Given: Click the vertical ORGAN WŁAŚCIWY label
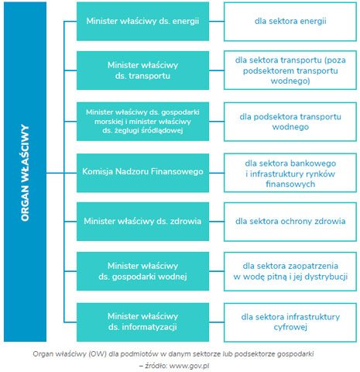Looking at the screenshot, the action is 25,173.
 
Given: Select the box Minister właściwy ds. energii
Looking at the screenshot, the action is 142,21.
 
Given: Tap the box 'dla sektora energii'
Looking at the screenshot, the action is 290,22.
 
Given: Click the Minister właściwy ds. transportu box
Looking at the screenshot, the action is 142,71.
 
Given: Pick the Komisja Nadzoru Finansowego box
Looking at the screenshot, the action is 142,173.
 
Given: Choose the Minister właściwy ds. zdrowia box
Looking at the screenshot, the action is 142,222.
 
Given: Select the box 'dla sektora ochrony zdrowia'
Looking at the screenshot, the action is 290,222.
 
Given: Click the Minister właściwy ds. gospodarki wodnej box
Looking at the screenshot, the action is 142,271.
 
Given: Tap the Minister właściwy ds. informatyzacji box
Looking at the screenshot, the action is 142,322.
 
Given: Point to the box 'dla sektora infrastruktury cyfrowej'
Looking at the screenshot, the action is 290,322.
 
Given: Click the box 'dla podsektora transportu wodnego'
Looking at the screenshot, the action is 290,122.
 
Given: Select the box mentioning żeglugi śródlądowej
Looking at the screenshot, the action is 142,122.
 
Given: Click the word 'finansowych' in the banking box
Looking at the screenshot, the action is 290,184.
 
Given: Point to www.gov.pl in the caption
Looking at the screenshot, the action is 189,366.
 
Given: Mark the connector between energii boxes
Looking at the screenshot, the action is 216,22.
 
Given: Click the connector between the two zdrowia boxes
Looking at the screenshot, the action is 216,222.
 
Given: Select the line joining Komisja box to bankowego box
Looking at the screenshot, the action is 216,173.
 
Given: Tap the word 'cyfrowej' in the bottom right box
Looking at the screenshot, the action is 290,327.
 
